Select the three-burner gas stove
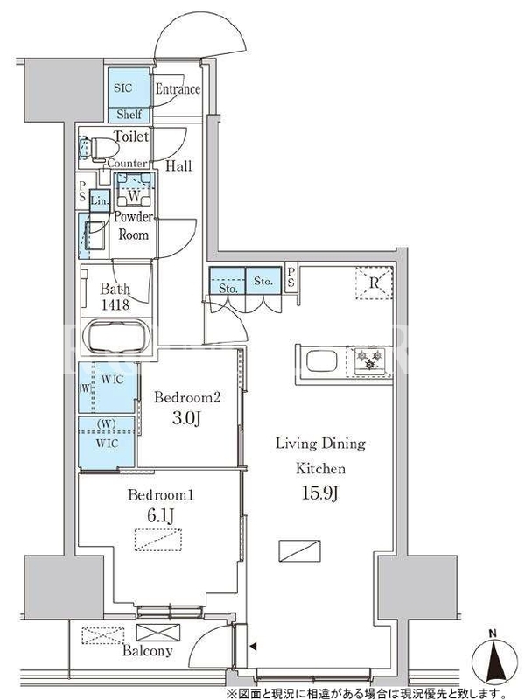pos(369,360)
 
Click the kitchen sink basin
pos(322,361)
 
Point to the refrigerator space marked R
pos(374,283)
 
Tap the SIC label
pos(122,87)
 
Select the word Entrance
pos(178,89)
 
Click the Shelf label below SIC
pos(129,115)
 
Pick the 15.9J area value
pos(320,493)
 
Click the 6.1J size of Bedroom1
pos(161,516)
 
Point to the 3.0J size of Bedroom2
pos(186,419)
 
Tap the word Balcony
pos(147,650)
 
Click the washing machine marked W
pos(135,195)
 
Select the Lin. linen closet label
pos(100,201)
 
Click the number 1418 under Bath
pos(115,304)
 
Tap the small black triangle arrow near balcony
pos(254,646)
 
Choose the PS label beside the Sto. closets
pos(291,277)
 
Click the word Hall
pos(178,166)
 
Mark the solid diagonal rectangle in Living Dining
pos(299,551)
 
